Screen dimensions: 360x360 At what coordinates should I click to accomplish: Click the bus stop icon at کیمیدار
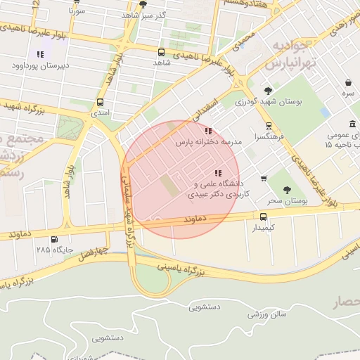click(263, 217)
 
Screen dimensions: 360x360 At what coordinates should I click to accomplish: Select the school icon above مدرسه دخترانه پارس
click(207, 131)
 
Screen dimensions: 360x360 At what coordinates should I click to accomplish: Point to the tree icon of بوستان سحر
click(286, 190)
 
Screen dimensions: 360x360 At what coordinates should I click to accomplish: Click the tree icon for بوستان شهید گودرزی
click(268, 90)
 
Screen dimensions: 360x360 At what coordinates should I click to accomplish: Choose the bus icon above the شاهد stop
click(162, 52)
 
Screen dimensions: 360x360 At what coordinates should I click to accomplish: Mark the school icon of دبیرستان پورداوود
click(40, 54)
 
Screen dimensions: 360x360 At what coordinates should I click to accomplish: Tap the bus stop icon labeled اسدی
click(100, 101)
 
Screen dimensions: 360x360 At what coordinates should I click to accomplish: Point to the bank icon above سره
click(349, 82)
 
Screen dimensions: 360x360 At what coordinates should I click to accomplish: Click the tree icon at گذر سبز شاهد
click(143, 4)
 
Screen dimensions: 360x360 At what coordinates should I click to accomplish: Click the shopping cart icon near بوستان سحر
click(264, 179)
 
